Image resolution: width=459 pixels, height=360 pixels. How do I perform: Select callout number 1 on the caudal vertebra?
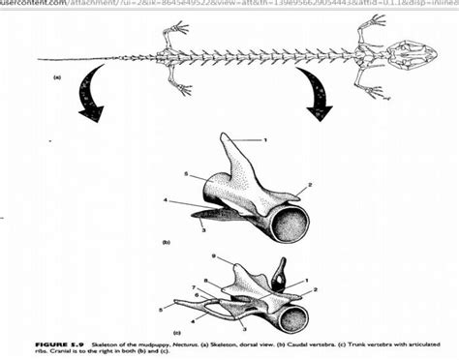coord(263,141)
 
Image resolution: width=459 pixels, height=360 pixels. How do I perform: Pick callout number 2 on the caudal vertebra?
coord(308,184)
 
